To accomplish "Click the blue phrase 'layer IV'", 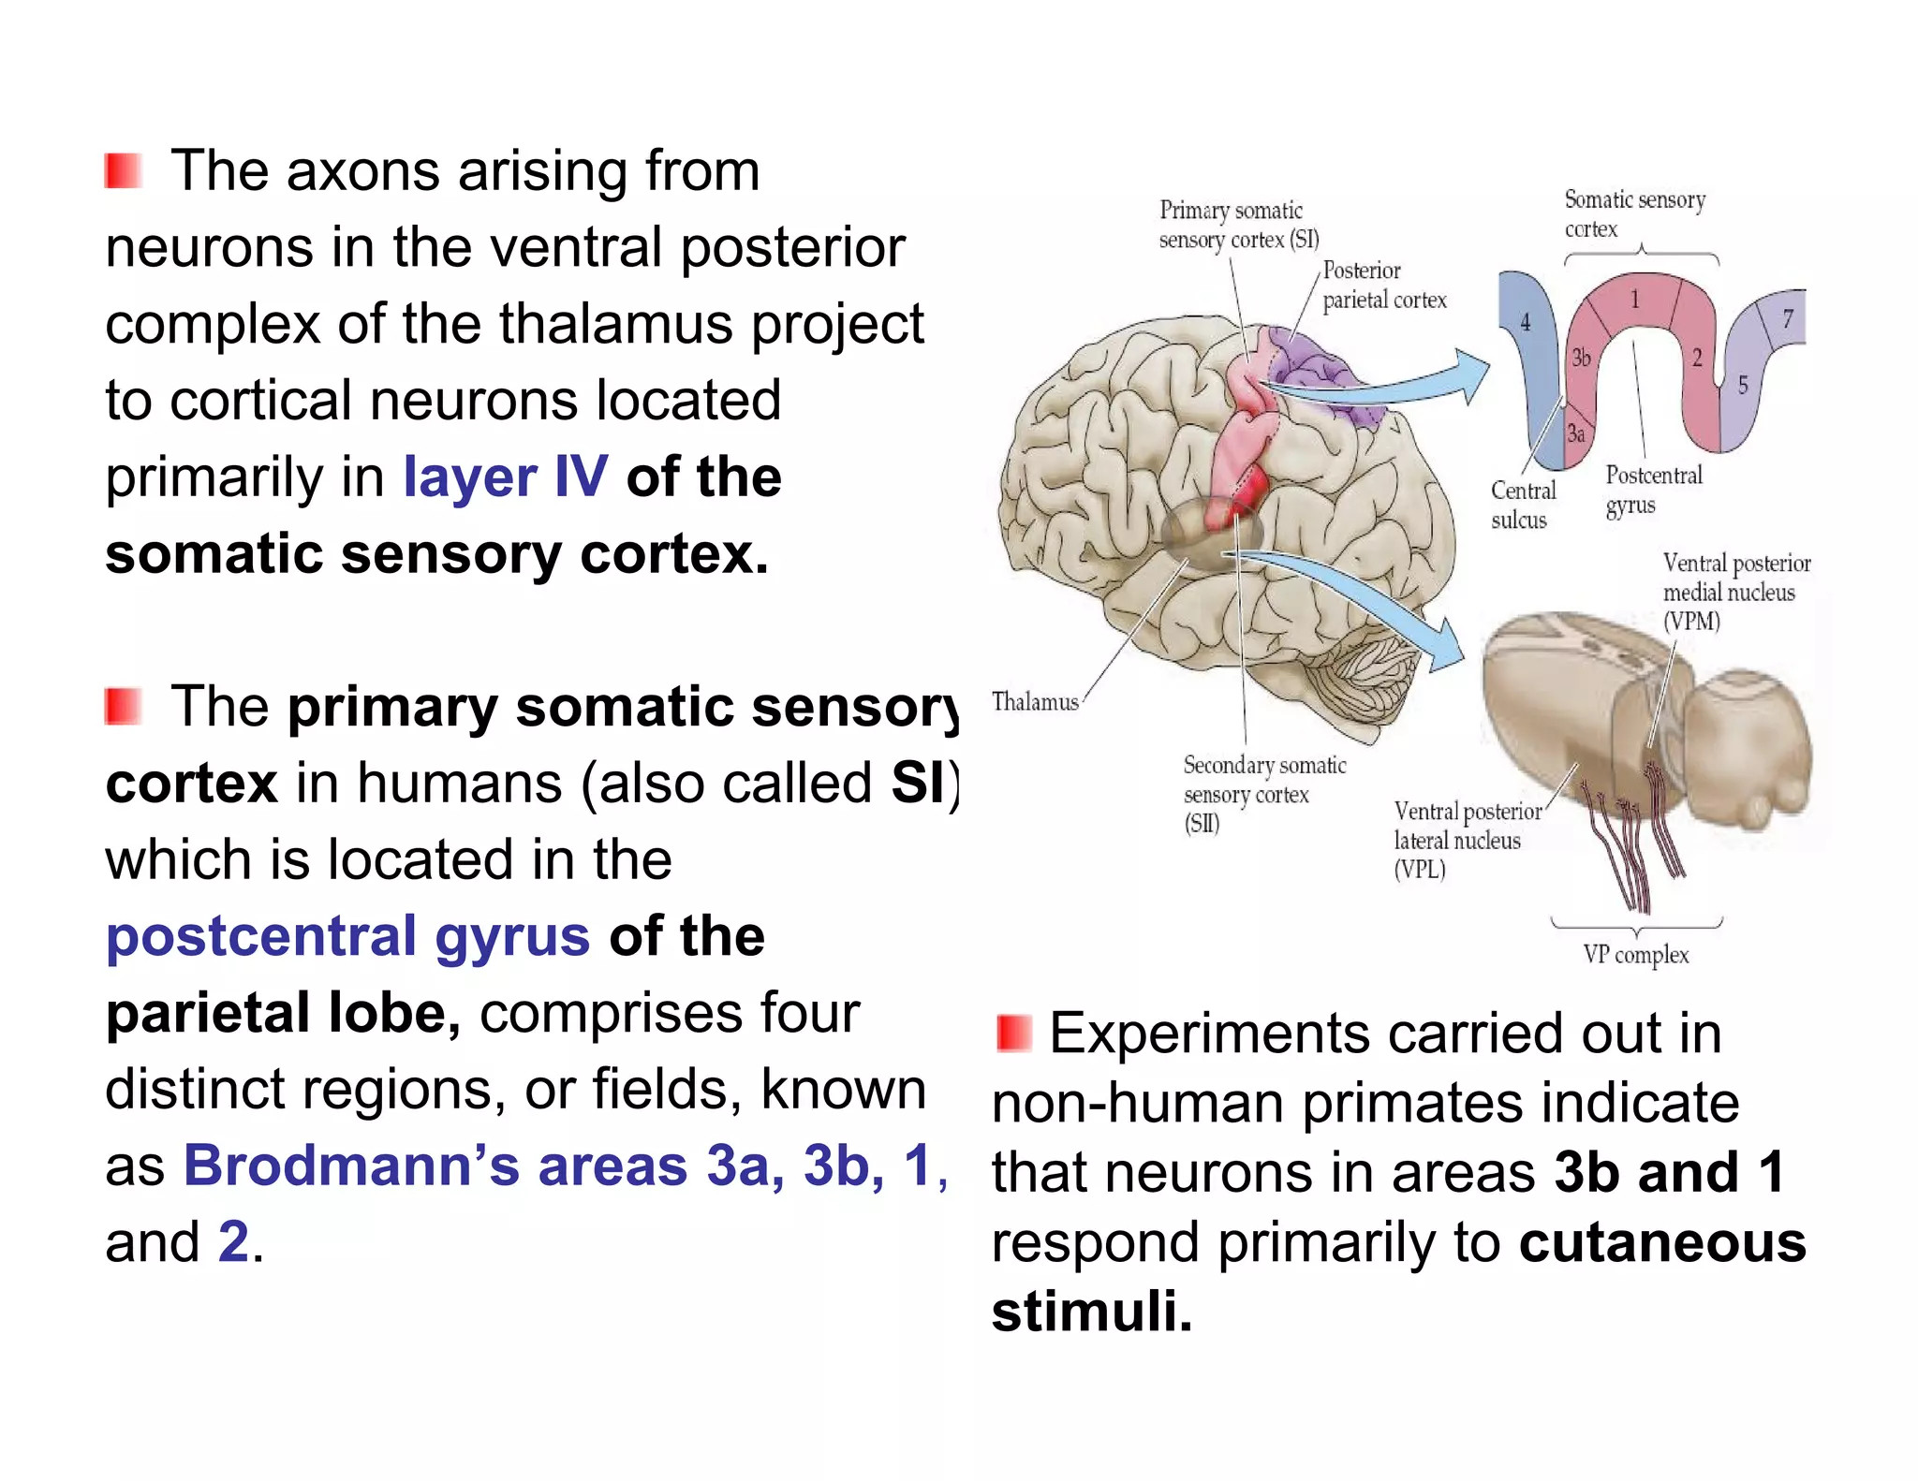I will point(505,477).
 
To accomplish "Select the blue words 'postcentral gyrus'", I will point(347,936).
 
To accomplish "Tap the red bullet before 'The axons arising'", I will point(123,171).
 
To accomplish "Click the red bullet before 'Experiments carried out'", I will point(1013,1033).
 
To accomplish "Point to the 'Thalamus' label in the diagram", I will point(1034,702).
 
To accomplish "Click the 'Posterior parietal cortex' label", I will point(1383,286).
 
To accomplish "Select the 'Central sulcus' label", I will point(1522,505).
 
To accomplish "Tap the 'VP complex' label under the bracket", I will point(1635,955).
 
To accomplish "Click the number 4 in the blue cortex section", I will point(1525,323).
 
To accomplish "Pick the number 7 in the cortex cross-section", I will point(1787,319).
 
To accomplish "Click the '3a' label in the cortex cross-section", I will point(1576,433).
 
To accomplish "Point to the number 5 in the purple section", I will point(1742,385).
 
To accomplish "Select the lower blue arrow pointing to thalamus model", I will point(1358,599).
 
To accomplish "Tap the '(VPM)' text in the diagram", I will point(1691,622).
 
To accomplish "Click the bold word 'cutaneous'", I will point(1661,1242).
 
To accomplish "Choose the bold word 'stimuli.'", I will point(1092,1311).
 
